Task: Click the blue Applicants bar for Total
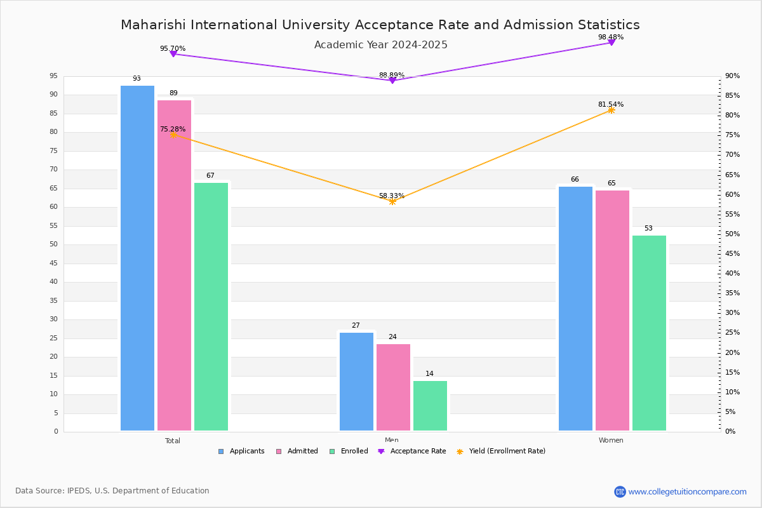click(137, 258)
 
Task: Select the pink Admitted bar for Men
click(393, 387)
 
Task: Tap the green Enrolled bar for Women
click(649, 333)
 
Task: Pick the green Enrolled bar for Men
click(430, 406)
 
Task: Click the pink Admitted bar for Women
click(612, 311)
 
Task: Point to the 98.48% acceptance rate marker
click(612, 43)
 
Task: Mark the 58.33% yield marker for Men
click(392, 201)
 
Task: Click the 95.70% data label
click(173, 48)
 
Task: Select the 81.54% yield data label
click(610, 104)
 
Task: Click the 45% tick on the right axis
click(732, 254)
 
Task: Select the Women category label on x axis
click(611, 441)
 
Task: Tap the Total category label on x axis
click(173, 441)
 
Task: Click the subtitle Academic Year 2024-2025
click(380, 45)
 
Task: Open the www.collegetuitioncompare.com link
click(687, 491)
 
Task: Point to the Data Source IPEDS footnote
click(112, 491)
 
